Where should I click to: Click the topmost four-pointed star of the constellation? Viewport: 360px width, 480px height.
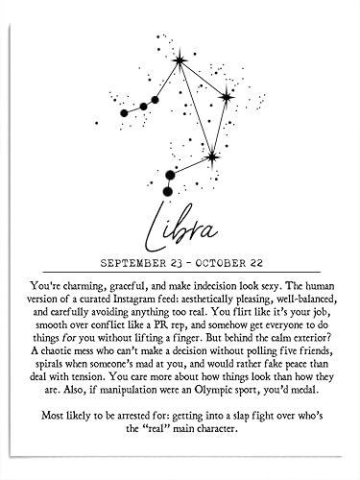click(x=180, y=61)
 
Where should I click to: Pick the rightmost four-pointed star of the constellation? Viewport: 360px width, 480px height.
click(x=227, y=96)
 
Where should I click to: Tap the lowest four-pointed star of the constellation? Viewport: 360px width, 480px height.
click(x=211, y=156)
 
